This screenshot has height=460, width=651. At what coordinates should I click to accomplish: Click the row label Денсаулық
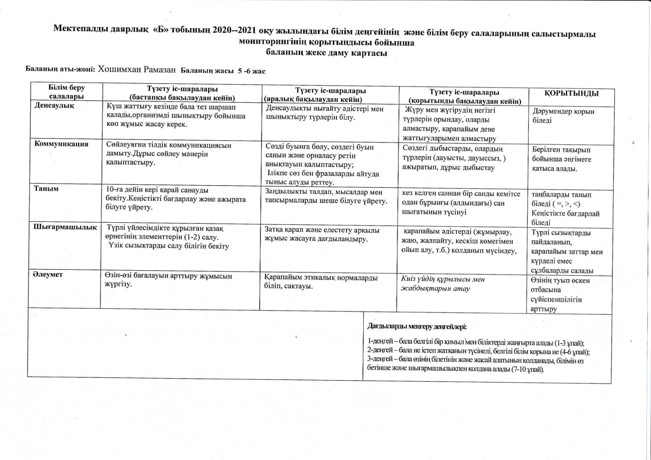(x=54, y=106)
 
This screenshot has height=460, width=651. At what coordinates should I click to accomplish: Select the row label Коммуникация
(x=61, y=144)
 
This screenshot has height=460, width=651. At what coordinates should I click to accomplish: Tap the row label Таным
(x=46, y=189)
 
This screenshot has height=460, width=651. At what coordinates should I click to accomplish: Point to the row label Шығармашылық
(x=65, y=227)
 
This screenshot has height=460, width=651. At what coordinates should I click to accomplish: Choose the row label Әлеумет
(x=48, y=274)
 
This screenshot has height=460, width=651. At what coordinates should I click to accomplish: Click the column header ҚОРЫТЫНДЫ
(x=571, y=93)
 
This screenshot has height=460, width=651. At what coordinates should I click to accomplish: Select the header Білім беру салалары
(x=67, y=92)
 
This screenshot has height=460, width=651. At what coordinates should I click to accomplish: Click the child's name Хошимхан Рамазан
(x=137, y=69)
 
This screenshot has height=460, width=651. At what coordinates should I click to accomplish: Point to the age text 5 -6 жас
(x=251, y=71)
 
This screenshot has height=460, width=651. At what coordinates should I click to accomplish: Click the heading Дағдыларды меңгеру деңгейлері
(x=417, y=327)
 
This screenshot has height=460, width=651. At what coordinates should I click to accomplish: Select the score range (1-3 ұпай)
(x=569, y=343)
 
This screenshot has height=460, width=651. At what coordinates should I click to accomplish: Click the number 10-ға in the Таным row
(x=115, y=190)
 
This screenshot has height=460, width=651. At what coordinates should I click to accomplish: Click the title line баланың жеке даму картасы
(x=326, y=53)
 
